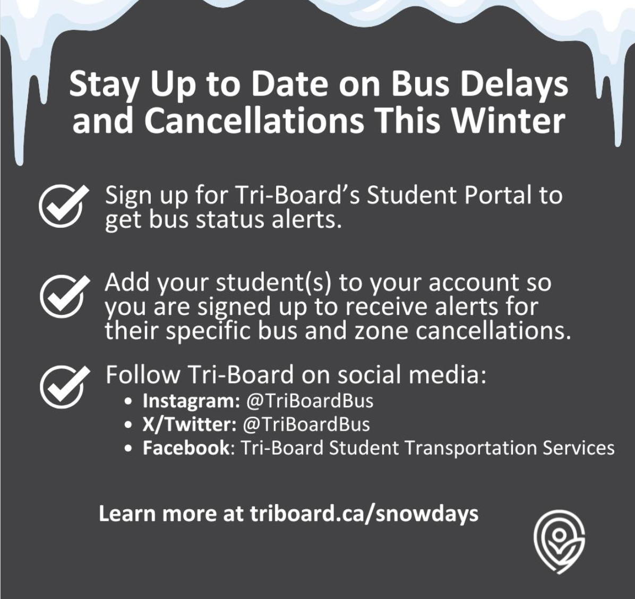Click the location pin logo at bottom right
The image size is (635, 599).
click(x=559, y=543)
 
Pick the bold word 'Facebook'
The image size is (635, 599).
click(x=185, y=448)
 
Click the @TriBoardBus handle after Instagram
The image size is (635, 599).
click(x=310, y=400)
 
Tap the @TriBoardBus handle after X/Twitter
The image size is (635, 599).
click(x=306, y=424)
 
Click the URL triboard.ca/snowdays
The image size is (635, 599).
click(x=364, y=514)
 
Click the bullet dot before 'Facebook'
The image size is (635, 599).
click(x=128, y=449)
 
